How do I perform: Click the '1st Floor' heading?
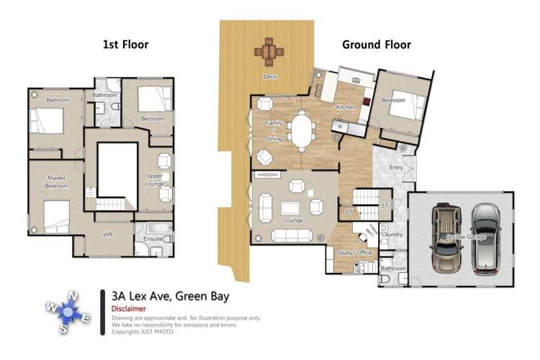[125, 45]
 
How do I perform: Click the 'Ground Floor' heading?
[376, 45]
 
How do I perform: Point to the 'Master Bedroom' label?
[57, 181]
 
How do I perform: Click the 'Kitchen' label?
[346, 107]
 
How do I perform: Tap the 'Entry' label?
[395, 168]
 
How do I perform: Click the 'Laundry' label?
[393, 235]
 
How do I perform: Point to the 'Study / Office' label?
[355, 252]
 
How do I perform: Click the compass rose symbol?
[69, 312]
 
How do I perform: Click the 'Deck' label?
[269, 76]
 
